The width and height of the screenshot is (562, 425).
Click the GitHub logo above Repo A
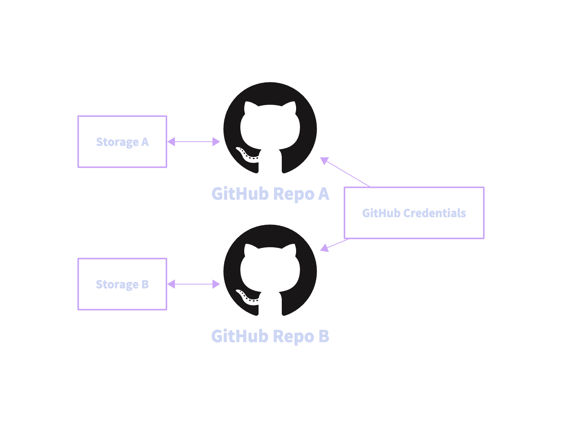point(270,128)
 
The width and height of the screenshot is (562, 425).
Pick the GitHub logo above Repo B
point(270,271)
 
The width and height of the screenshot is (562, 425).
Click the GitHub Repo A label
point(270,194)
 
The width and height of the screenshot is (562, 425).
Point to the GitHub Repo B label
point(270,336)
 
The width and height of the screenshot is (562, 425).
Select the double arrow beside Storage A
point(194,142)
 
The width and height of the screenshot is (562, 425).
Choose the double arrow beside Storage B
point(194,284)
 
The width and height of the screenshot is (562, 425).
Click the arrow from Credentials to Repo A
point(346,172)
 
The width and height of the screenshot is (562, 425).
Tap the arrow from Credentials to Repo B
point(335,245)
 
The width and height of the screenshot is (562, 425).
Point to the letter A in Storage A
point(145,142)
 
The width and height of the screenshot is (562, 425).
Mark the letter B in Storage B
point(145,284)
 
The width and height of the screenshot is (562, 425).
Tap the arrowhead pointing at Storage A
point(171,142)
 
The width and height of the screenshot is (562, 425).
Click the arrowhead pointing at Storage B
point(171,284)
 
